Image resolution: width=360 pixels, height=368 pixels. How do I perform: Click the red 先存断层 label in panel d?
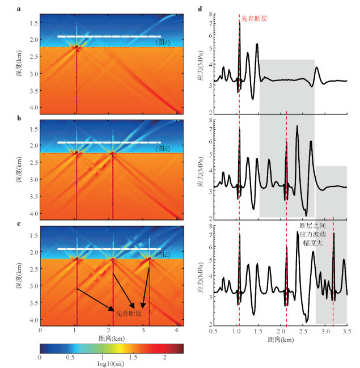254,19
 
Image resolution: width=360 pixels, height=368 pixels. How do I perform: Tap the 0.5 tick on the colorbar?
71,357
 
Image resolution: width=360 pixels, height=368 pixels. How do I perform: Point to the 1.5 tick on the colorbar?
134,357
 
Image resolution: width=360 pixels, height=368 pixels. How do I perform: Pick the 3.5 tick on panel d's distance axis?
346,329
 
